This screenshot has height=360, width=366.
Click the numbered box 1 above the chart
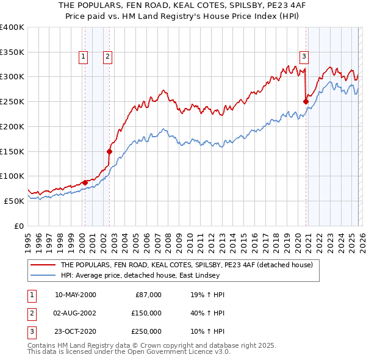coord(83,57)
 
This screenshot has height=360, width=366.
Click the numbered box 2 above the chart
coord(107,57)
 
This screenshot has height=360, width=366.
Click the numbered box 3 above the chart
coord(303,57)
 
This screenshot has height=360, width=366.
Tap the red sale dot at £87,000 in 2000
coord(85,182)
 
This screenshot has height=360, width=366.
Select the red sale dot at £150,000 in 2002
coord(109,151)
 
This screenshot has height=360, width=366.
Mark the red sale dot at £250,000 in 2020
coord(306,102)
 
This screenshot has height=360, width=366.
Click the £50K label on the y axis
coord(14,201)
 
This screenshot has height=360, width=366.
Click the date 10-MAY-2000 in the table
coord(75,295)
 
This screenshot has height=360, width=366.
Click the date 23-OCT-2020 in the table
coord(75,331)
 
